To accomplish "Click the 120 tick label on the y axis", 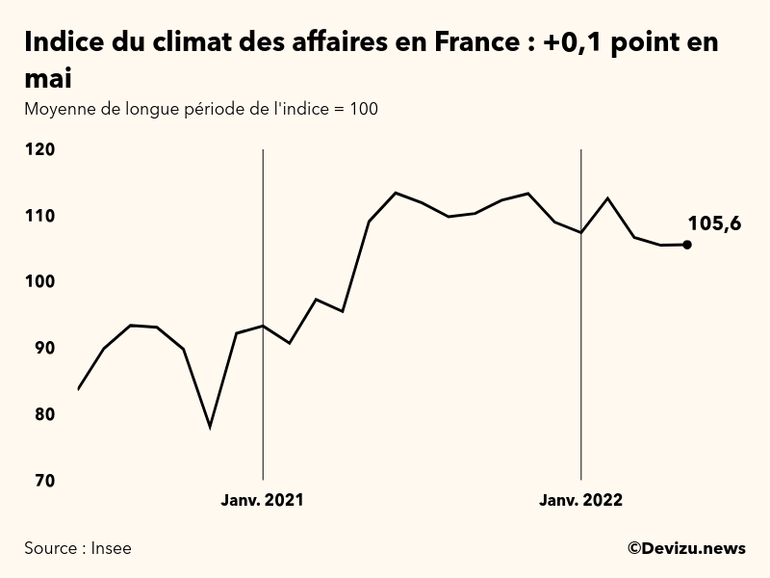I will pyautogui.click(x=39, y=149).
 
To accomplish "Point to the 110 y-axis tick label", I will pyautogui.click(x=39, y=216).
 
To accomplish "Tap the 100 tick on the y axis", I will pyautogui.click(x=39, y=281).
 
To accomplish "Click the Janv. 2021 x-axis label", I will pyautogui.click(x=263, y=500).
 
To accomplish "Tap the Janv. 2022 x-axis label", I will pyautogui.click(x=580, y=500).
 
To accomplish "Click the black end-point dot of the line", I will pyautogui.click(x=686, y=245).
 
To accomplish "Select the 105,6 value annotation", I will pyautogui.click(x=714, y=224).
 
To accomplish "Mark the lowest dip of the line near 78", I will pyautogui.click(x=210, y=426).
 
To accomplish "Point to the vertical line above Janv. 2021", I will pyautogui.click(x=263, y=241).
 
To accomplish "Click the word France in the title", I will pyautogui.click(x=465, y=43).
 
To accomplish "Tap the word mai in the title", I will pyautogui.click(x=48, y=78).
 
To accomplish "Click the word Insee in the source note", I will pyautogui.click(x=111, y=548).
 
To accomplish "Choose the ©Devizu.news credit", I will pyautogui.click(x=686, y=548).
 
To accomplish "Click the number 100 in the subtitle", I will pyautogui.click(x=364, y=109).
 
